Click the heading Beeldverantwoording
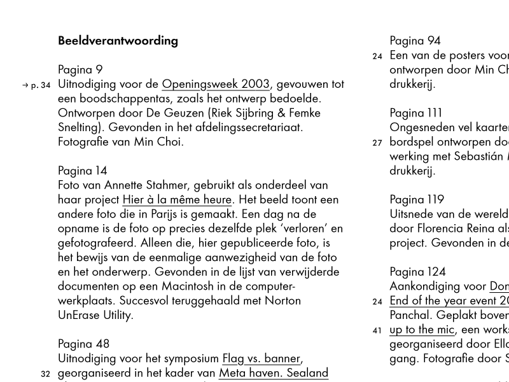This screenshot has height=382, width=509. tap(118, 41)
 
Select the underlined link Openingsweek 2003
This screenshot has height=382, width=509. tap(216, 84)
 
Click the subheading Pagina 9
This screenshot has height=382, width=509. tap(80, 69)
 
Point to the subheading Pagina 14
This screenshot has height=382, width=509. tap(83, 171)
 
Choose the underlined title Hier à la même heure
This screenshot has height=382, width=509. tap(177, 199)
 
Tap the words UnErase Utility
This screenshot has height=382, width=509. tap(95, 315)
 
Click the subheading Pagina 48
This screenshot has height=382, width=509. tap(83, 344)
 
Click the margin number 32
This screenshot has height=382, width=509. tap(45, 374)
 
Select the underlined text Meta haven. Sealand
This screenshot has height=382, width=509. tap(274, 373)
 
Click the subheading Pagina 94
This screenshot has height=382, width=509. tap(415, 41)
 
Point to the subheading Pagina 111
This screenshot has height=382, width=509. tap(415, 113)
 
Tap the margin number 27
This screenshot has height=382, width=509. tap(377, 143)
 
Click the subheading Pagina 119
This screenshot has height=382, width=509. tap(417, 199)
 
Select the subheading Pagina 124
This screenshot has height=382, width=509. tap(417, 272)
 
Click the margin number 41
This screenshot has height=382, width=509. tap(377, 330)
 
